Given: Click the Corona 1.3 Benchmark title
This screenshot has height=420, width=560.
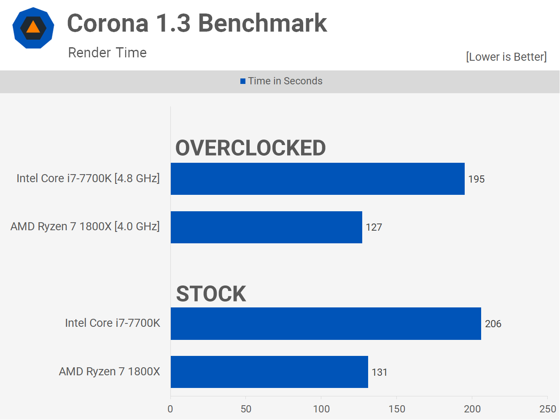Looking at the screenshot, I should (x=197, y=23).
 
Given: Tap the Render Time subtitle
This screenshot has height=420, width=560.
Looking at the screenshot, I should (x=107, y=53).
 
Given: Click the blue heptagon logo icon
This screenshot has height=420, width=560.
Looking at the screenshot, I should (x=33, y=28).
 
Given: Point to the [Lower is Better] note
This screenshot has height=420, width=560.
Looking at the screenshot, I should (x=506, y=57).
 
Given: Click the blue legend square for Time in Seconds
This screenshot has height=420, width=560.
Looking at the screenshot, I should (x=243, y=81).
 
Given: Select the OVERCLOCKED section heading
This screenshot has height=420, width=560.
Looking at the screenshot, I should (x=250, y=148).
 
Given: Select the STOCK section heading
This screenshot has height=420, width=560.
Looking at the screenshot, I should (x=211, y=293).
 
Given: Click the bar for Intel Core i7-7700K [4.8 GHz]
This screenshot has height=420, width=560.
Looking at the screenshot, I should (x=318, y=179).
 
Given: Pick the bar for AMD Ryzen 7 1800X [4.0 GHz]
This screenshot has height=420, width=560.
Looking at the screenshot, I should (x=267, y=227).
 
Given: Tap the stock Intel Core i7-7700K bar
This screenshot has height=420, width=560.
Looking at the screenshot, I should (x=326, y=323).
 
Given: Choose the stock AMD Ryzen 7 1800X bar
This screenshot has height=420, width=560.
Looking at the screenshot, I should (x=269, y=372).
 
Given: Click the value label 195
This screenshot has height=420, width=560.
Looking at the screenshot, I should (x=477, y=179).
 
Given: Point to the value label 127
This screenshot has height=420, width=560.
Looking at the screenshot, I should (x=374, y=227).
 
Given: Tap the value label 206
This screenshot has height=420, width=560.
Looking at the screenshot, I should (x=493, y=324).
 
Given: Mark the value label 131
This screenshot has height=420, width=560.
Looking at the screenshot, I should (x=380, y=372).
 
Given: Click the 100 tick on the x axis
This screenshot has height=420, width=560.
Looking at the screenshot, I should (x=321, y=409).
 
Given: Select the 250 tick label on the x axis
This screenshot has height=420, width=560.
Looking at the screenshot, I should (x=547, y=409).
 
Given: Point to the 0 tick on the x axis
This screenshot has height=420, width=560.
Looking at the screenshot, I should (x=170, y=409).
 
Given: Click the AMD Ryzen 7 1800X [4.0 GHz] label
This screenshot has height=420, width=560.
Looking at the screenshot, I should (x=85, y=226).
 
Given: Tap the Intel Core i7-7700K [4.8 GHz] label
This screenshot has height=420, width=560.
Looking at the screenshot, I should (x=88, y=178).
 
